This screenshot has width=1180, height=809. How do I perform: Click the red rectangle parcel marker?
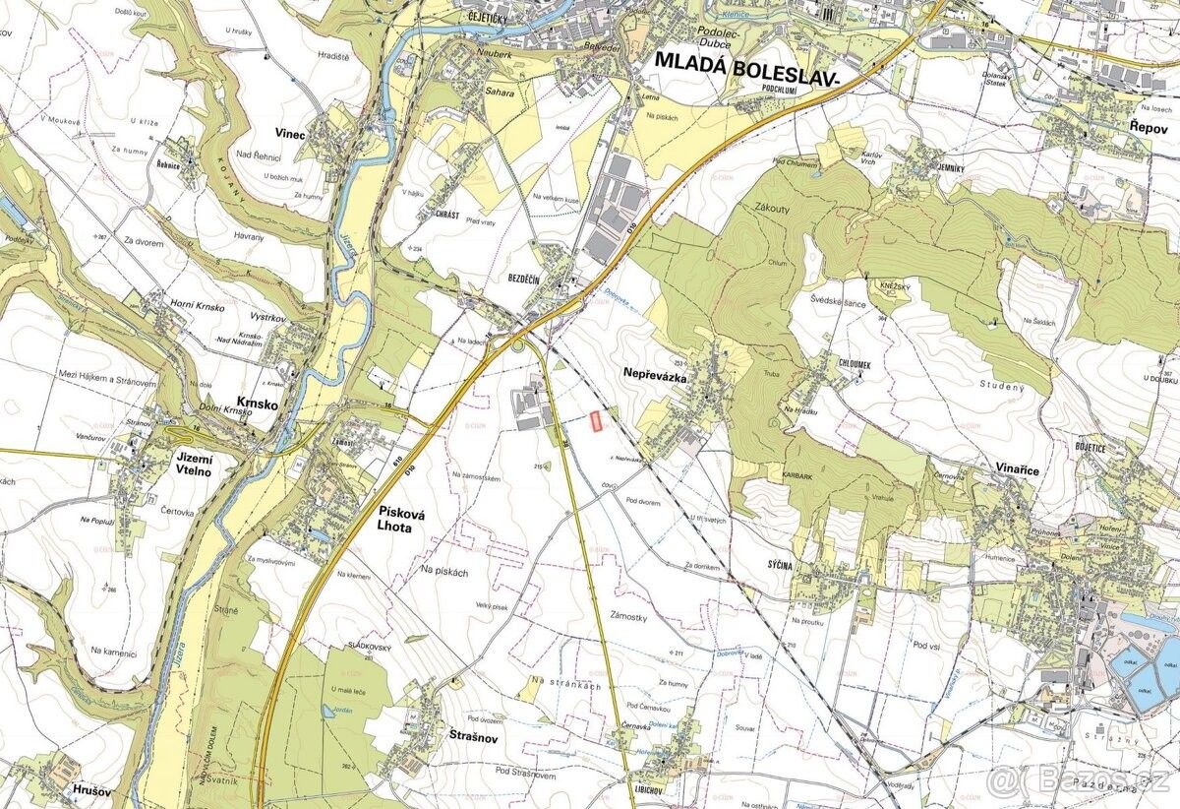pos(595,420)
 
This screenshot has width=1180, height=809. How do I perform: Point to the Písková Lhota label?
pos(405,519)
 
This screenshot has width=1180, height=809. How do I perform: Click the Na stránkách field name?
pos(563,682)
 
